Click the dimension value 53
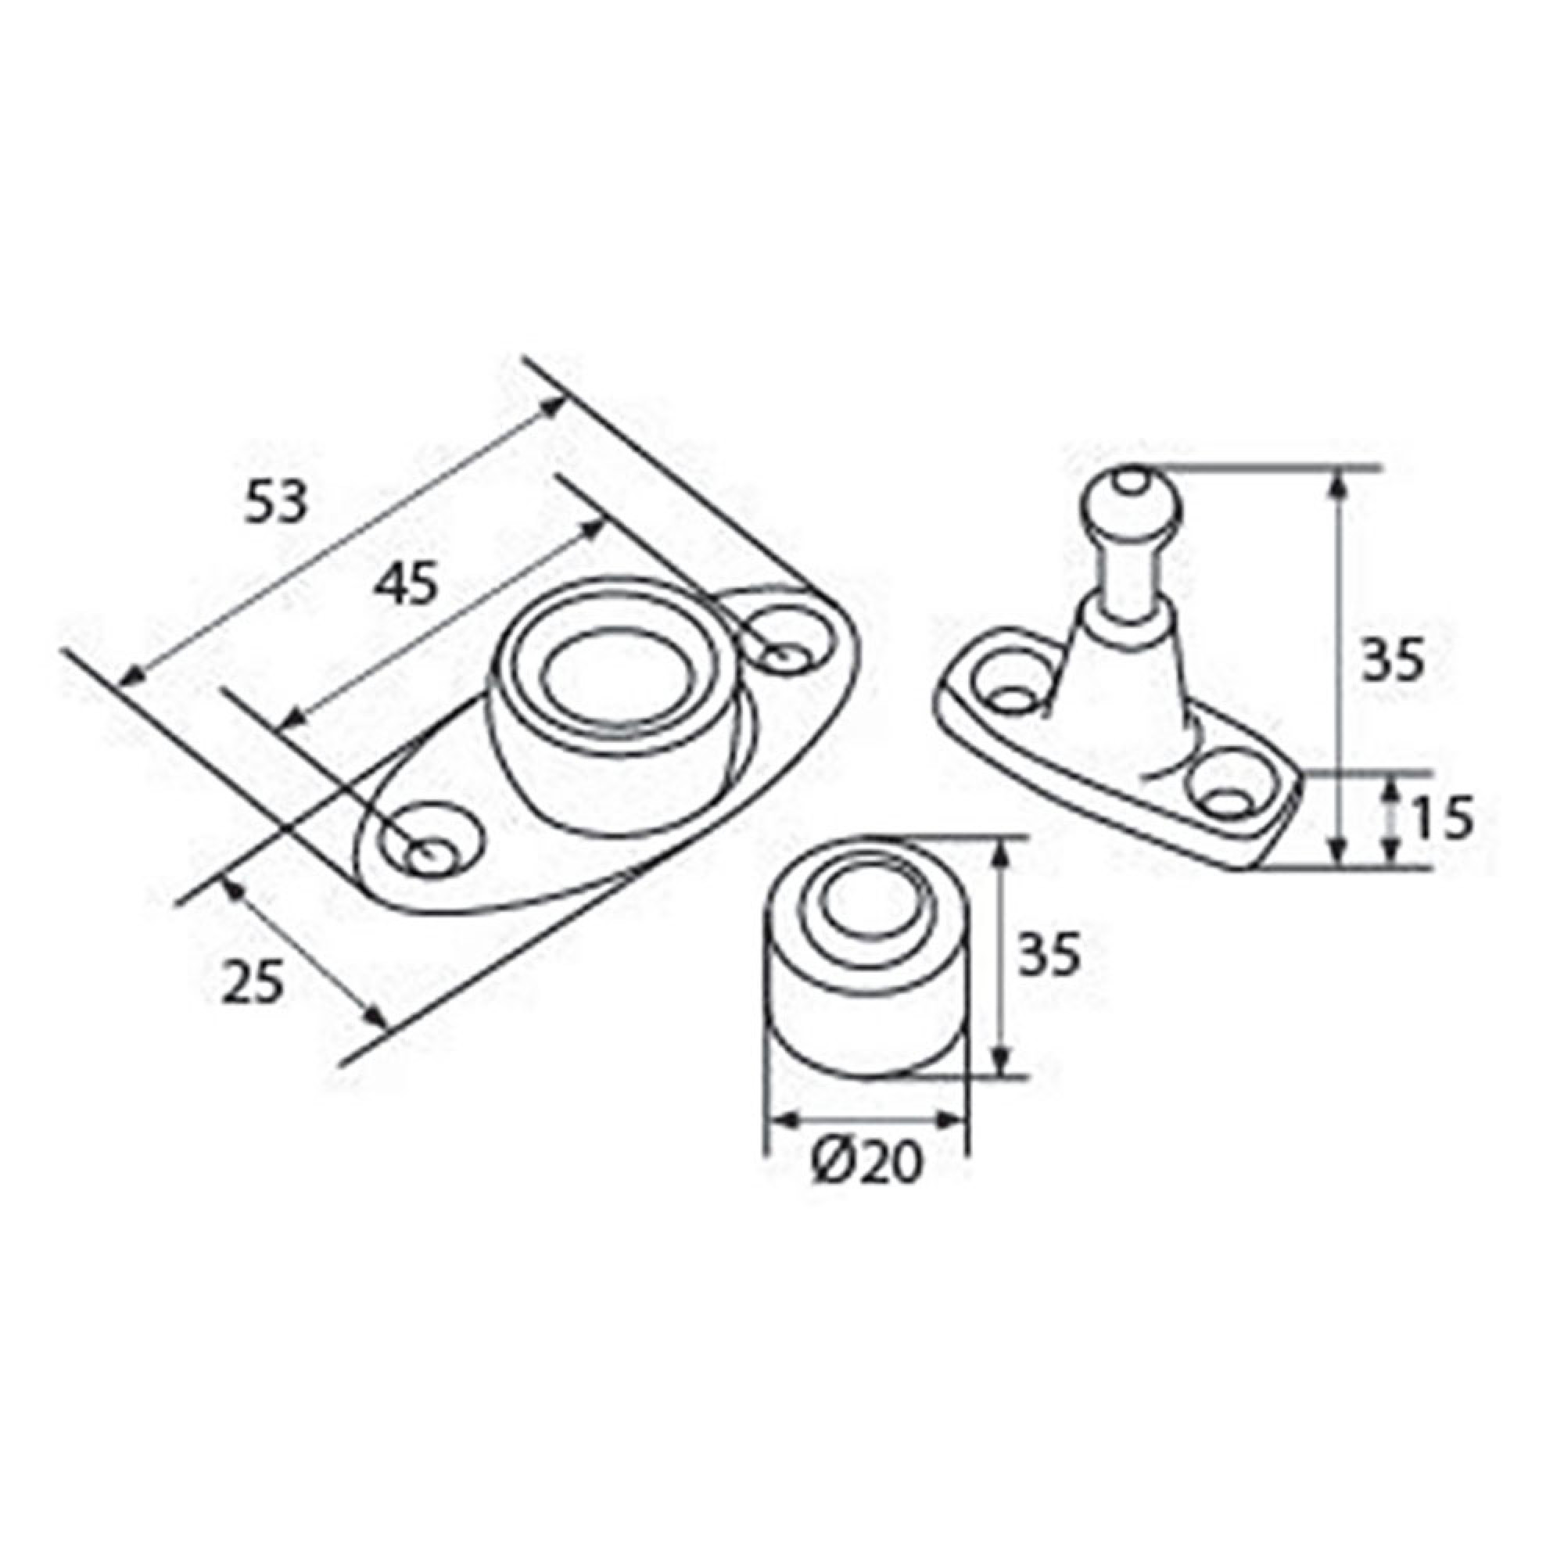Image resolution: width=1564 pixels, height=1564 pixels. pyautogui.click(x=277, y=503)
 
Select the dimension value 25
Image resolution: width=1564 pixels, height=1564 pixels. pyautogui.click(x=252, y=982)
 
